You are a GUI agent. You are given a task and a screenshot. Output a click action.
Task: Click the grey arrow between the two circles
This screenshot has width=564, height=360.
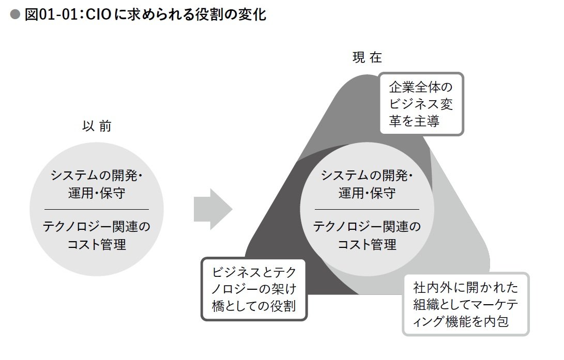click(212, 209)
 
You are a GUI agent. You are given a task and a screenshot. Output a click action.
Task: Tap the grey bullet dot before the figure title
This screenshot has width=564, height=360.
click(16, 15)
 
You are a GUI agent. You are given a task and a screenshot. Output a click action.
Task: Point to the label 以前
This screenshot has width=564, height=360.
click(97, 126)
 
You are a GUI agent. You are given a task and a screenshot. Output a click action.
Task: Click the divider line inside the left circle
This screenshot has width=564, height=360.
click(97, 209)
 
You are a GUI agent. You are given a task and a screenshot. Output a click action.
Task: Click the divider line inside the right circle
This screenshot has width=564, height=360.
click(367, 209)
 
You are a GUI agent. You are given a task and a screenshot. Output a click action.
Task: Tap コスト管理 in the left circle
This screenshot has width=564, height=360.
click(97, 244)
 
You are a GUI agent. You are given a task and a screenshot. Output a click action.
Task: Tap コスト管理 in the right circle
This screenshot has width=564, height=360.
click(367, 244)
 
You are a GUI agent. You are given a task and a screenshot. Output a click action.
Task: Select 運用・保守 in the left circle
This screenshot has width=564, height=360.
click(97, 193)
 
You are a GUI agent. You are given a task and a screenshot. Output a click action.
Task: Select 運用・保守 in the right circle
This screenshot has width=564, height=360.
click(367, 193)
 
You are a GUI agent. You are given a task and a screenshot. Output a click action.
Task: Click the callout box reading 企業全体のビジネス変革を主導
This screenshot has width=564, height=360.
click(421, 104)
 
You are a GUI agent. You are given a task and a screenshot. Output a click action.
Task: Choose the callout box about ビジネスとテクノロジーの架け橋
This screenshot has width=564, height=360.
click(253, 288)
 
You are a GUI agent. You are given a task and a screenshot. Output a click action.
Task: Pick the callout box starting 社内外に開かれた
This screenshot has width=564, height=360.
click(465, 304)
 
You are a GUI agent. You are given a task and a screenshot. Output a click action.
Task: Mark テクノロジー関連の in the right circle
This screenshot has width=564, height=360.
click(367, 227)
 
